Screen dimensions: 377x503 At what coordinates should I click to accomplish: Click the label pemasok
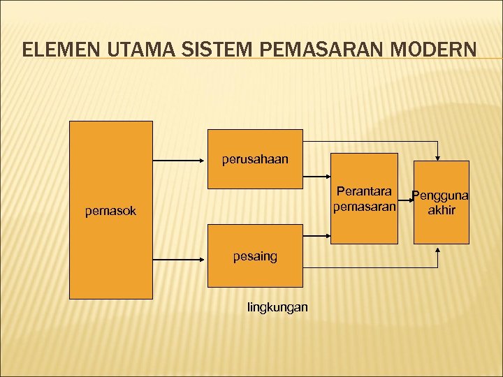pyautogui.click(x=110, y=209)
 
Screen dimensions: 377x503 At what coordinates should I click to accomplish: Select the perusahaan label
pyautogui.click(x=255, y=159)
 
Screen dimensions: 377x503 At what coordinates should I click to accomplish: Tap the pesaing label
pyautogui.click(x=255, y=256)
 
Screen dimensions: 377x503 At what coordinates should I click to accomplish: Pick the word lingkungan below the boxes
pyautogui.click(x=277, y=307)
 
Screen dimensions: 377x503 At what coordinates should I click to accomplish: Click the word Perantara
pyautogui.click(x=365, y=191)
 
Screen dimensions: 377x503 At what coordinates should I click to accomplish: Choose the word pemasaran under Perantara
pyautogui.click(x=365, y=207)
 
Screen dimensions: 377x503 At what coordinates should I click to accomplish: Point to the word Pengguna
pyautogui.click(x=440, y=195)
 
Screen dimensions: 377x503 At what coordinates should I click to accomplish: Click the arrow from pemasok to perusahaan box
pyautogui.click(x=180, y=161)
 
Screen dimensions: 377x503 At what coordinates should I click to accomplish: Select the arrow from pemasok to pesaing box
pyautogui.click(x=180, y=258)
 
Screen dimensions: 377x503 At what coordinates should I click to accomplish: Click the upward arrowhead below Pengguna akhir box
pyautogui.click(x=437, y=250)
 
